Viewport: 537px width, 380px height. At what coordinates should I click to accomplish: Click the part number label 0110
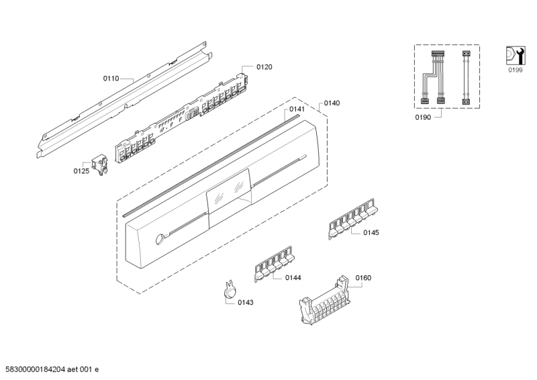(x=111, y=79)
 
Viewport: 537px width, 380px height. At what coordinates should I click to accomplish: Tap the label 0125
(x=81, y=171)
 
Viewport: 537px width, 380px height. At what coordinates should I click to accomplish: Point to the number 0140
(x=331, y=103)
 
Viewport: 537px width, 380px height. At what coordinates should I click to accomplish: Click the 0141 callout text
(x=297, y=109)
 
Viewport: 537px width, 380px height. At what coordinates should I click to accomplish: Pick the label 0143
(x=245, y=302)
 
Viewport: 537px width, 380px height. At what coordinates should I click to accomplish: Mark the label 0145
(x=371, y=233)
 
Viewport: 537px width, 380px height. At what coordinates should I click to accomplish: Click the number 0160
(x=362, y=278)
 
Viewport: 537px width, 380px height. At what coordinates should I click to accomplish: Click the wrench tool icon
(x=514, y=54)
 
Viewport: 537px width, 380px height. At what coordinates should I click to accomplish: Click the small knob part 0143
(x=230, y=289)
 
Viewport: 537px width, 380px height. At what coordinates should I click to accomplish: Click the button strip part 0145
(x=351, y=220)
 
